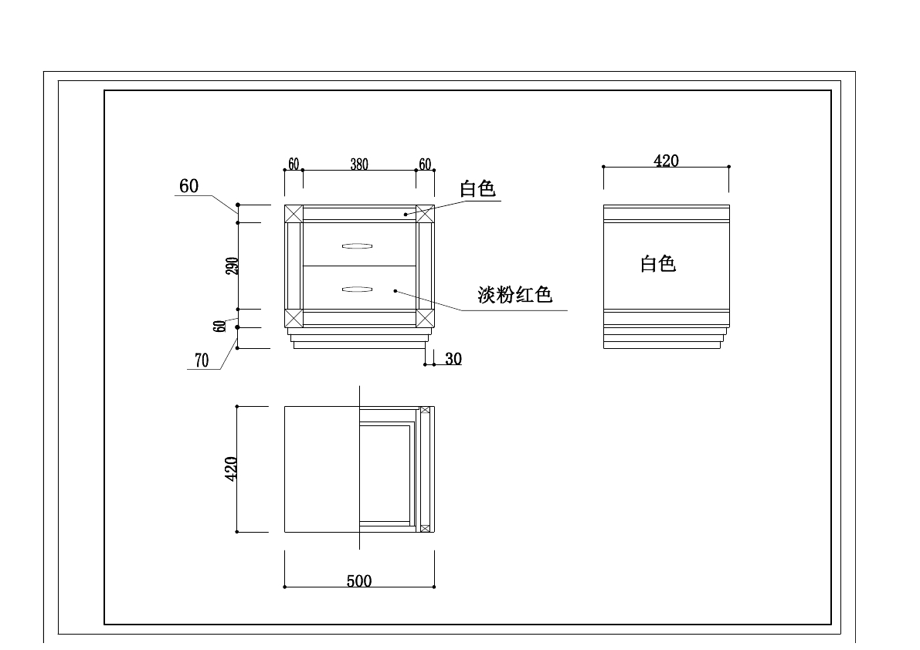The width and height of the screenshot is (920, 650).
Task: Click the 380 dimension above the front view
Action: tap(359, 164)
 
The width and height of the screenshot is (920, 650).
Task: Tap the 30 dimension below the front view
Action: tap(453, 359)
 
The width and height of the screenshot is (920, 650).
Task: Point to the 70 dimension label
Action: tap(202, 361)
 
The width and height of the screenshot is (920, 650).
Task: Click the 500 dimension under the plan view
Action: tap(359, 581)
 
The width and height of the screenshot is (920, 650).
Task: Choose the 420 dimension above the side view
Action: tap(666, 161)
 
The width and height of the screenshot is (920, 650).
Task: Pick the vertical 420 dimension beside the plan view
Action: tap(230, 469)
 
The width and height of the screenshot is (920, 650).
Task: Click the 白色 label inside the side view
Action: tap(658, 264)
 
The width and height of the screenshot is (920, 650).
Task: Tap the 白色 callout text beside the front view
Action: tap(477, 189)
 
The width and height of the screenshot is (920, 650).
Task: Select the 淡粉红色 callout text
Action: tap(514, 295)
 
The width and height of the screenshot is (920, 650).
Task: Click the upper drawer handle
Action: tap(357, 246)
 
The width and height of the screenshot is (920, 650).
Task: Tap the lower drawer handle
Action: tap(357, 289)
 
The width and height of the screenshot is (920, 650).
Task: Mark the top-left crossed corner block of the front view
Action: tap(294, 214)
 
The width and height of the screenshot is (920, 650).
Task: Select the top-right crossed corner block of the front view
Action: tap(425, 214)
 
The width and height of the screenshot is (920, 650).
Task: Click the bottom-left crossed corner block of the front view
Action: tap(294, 318)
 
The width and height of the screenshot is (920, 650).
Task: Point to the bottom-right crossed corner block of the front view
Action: tap(425, 318)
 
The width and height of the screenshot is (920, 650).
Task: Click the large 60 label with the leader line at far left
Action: tap(188, 186)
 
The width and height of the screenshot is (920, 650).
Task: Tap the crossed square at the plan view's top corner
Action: tap(425, 410)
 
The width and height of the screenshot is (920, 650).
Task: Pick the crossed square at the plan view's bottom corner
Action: tap(424, 528)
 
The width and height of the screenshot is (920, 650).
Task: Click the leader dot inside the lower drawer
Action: tap(395, 291)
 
